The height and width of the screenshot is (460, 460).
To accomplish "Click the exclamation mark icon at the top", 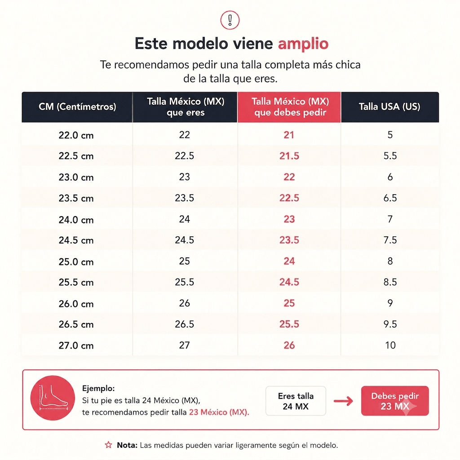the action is coord(230,20).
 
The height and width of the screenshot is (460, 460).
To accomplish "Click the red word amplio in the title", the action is coord(303,44).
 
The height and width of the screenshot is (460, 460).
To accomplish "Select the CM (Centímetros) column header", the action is coord(77,106).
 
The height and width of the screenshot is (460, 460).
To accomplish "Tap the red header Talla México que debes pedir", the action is coord(290,107).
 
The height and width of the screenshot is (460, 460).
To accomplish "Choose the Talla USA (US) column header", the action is coord(389,106).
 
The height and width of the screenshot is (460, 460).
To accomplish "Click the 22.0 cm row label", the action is coord(76,135).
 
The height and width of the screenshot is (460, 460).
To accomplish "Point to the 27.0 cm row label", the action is coord(76,345).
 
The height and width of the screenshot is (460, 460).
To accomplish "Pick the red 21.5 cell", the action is coord(289,156).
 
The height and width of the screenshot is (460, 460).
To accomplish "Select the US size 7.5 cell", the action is coord(390,240).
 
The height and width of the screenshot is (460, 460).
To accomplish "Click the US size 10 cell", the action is coord(390,345).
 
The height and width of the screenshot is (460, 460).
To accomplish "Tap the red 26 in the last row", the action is coord(289,345).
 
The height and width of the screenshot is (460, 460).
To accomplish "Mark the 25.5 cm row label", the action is coord(76,283).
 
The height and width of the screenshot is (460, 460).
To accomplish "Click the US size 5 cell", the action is coord(390,135).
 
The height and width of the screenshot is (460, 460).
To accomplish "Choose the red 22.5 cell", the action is coord(289,198).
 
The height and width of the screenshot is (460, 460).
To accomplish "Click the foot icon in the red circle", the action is coord(53,398).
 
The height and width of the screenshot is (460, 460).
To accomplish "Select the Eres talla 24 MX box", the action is coord(296,401).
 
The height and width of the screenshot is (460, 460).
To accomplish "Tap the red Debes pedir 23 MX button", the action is coord(395,401).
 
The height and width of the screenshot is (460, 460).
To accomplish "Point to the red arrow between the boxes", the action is coord(343,401).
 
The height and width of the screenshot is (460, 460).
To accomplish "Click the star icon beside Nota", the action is coord(109,445).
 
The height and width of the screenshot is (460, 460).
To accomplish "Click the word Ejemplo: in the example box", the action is coord(98,389).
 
